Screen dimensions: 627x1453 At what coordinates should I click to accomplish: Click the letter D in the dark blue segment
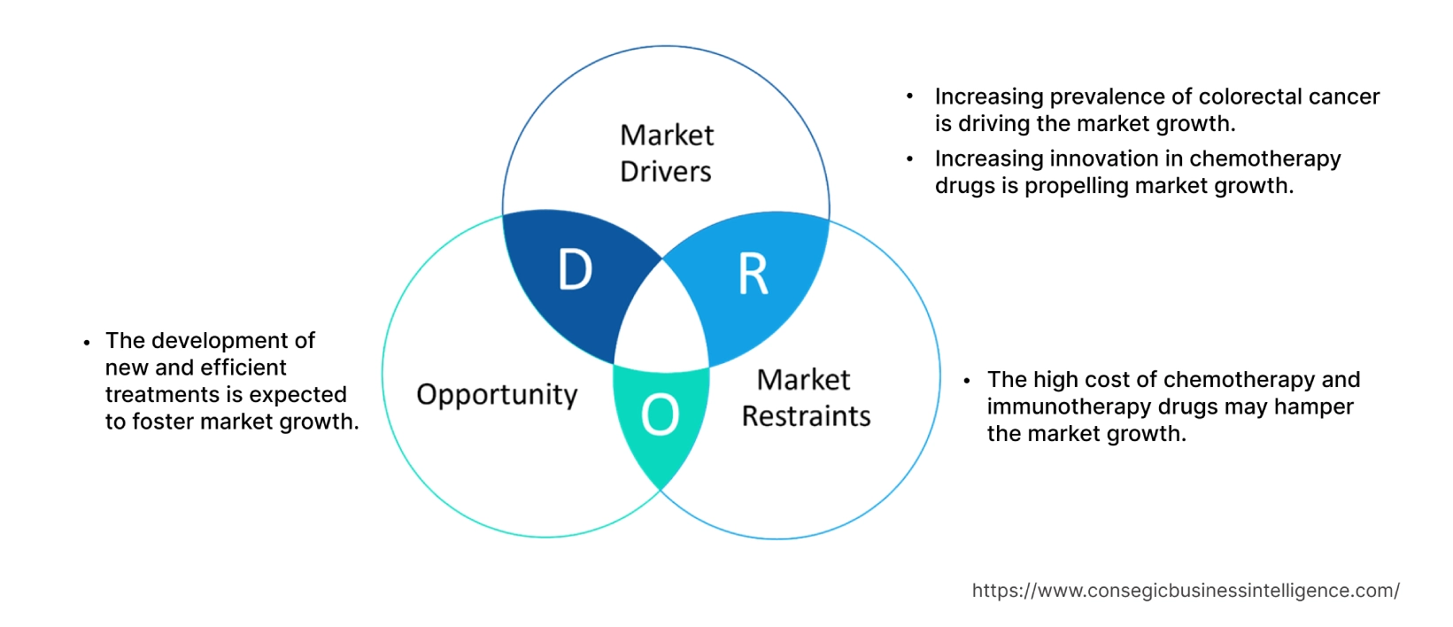pyautogui.click(x=575, y=269)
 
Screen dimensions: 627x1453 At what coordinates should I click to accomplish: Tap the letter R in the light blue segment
pyautogui.click(x=753, y=275)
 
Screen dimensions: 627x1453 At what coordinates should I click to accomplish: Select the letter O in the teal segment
pyautogui.click(x=660, y=414)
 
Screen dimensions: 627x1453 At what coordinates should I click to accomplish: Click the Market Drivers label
pyautogui.click(x=667, y=153)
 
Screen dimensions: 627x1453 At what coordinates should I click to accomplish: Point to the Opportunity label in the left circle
pyautogui.click(x=497, y=395)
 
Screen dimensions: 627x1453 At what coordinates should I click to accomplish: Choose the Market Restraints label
pyautogui.click(x=806, y=398)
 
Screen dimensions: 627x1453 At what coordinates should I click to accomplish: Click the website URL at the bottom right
pyautogui.click(x=1185, y=591)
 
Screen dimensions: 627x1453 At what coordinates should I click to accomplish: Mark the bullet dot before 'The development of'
pyautogui.click(x=87, y=342)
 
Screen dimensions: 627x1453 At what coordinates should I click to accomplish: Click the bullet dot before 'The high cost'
pyautogui.click(x=967, y=381)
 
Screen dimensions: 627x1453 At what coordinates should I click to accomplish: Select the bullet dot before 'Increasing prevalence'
pyautogui.click(x=910, y=97)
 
